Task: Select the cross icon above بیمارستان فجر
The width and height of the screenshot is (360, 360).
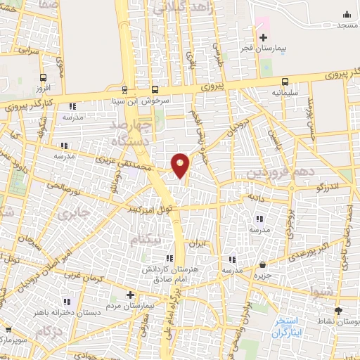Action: coord(263,37)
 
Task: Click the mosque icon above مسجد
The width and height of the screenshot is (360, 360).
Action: coord(345,14)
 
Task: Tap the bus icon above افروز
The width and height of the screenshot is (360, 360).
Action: coord(44,78)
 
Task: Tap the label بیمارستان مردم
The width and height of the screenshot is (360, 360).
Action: coord(130,307)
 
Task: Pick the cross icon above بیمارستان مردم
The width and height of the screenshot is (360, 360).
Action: coord(130,295)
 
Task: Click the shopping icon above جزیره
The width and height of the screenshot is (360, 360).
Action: coord(262,264)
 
